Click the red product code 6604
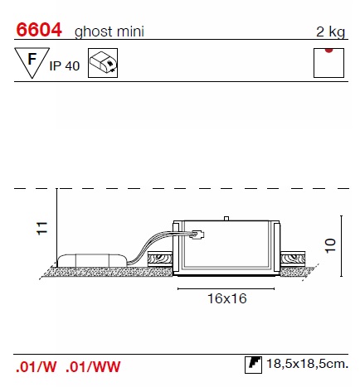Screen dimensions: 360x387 (x=39, y=30)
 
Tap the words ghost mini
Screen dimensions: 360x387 (x=109, y=31)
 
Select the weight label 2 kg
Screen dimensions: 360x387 (x=331, y=31)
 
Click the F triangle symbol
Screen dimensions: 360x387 (x=32, y=62)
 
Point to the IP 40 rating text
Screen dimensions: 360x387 (x=65, y=66)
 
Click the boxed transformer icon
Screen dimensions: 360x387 (x=103, y=63)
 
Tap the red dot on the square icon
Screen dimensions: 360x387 (x=328, y=50)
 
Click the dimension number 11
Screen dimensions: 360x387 (x=42, y=229)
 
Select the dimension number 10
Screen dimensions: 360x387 (x=330, y=245)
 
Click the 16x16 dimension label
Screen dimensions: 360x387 (x=227, y=298)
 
